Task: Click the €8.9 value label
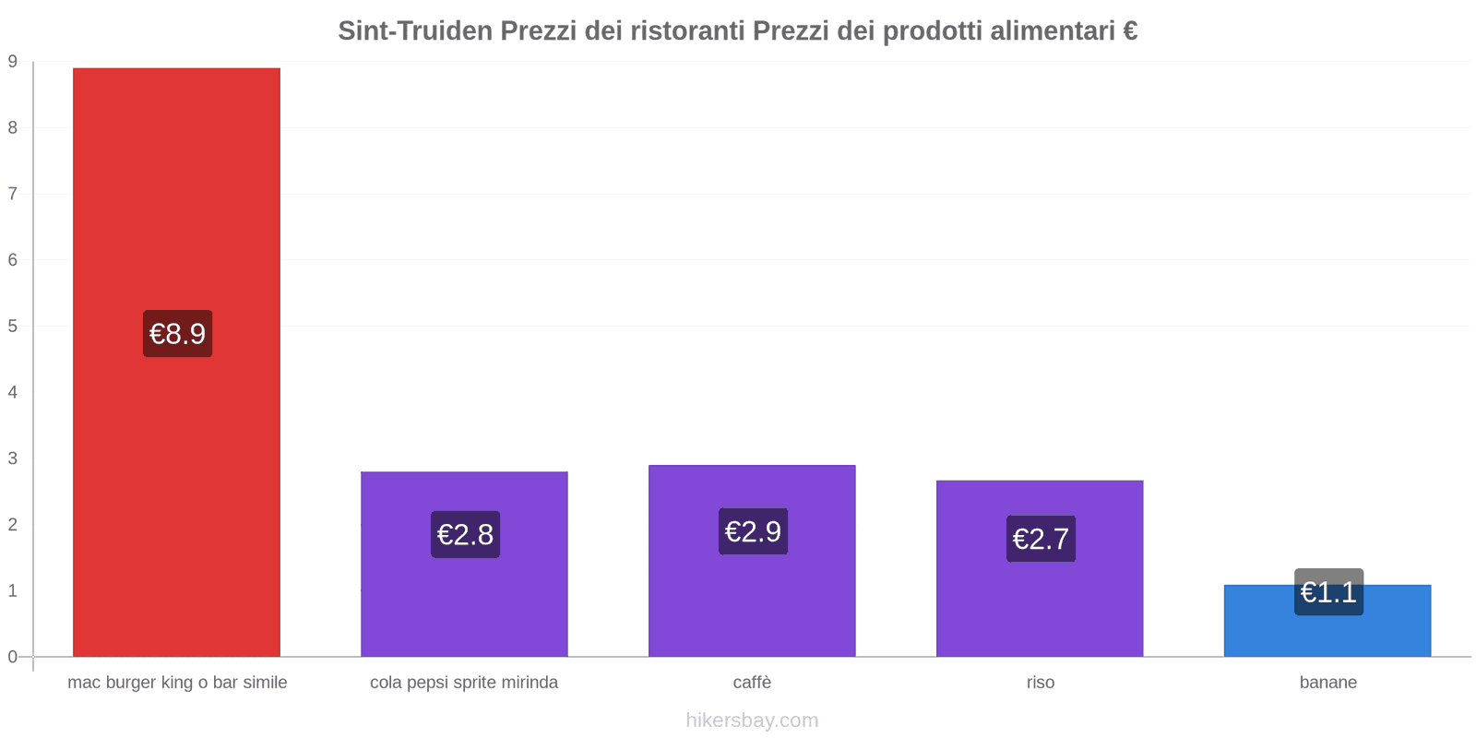click(178, 333)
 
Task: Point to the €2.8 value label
click(465, 534)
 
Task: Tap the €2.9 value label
click(753, 531)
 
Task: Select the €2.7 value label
click(1041, 539)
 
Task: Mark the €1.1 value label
click(1328, 592)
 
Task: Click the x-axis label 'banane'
click(1327, 683)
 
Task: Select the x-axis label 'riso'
click(1040, 683)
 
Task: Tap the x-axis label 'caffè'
click(752, 683)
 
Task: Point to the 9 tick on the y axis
click(13, 62)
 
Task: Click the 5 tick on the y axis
click(13, 326)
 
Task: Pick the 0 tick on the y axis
click(13, 657)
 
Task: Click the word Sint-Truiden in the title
click(415, 31)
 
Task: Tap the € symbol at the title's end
click(1130, 31)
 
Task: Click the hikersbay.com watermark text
click(752, 720)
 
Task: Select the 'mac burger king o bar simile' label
click(177, 683)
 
